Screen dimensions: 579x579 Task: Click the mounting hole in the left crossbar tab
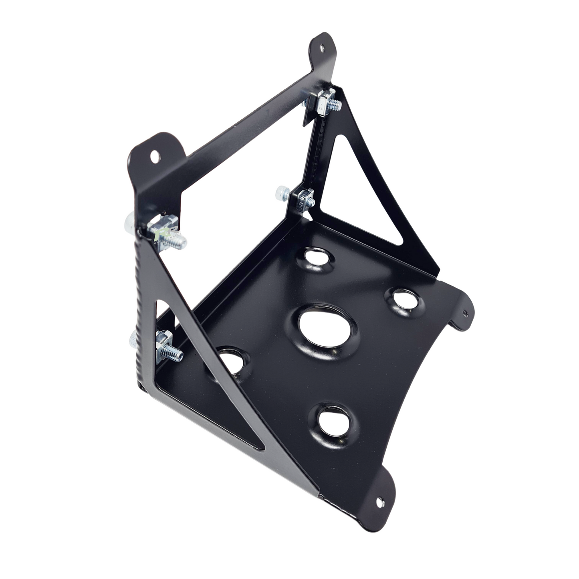(x=155, y=153)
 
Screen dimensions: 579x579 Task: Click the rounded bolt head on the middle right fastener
(x=280, y=194)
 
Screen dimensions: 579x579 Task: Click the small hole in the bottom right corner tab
(x=380, y=500)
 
